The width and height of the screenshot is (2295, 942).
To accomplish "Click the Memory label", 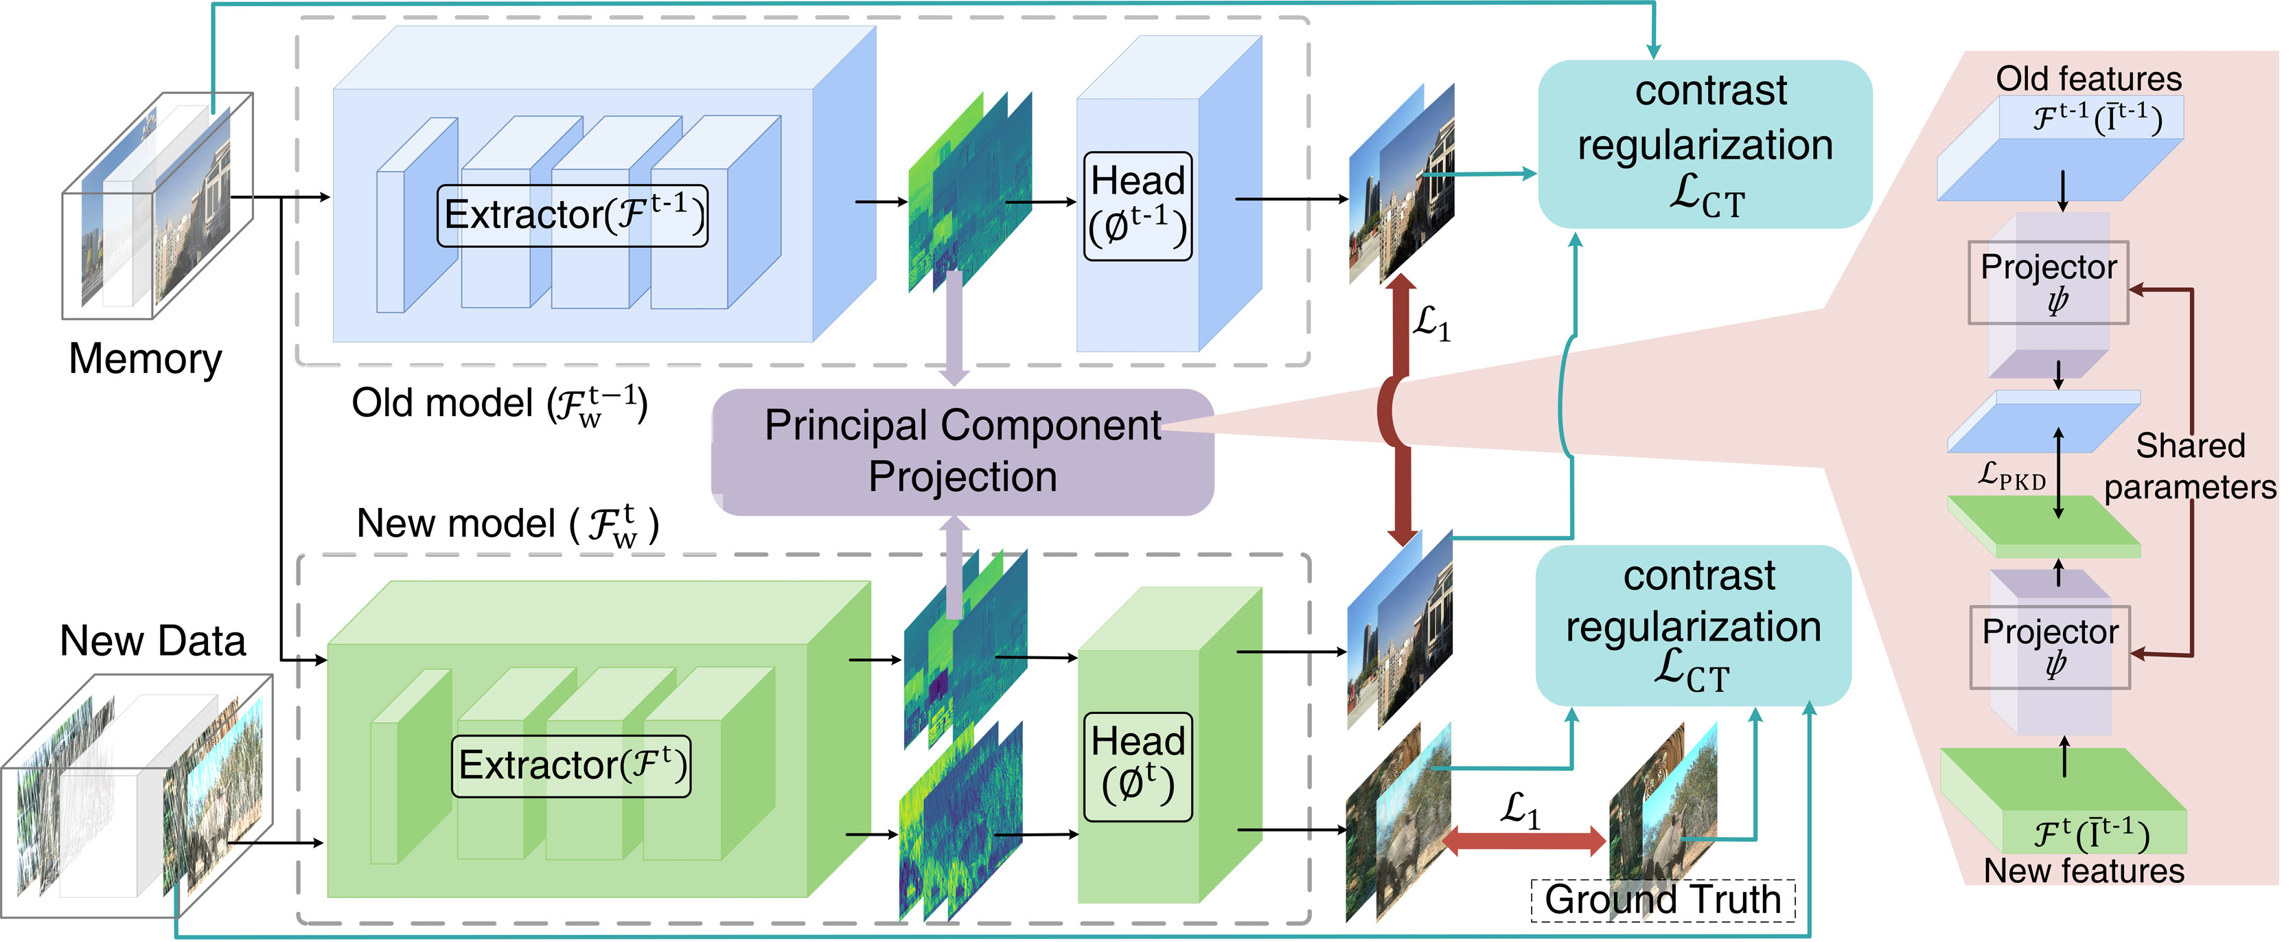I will (x=146, y=358).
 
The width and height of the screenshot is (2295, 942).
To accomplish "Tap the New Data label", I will (x=152, y=641).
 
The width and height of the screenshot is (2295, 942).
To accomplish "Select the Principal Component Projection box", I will (x=962, y=451).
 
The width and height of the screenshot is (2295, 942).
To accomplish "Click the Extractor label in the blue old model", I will (x=573, y=215).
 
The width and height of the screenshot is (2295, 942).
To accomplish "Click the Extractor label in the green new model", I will (x=571, y=765).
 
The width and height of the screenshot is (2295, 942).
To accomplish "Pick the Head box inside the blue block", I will (x=1138, y=206).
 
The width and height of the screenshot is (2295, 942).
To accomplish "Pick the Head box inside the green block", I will (x=1138, y=766).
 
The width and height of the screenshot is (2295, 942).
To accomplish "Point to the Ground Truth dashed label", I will (x=1663, y=899).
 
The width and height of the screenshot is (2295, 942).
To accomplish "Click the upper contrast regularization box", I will (x=1705, y=144).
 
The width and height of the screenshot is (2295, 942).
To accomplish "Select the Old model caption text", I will (x=499, y=404).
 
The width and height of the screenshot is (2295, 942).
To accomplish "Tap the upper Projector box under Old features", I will (x=2049, y=282).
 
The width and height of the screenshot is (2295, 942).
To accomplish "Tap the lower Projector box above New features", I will (x=2050, y=647).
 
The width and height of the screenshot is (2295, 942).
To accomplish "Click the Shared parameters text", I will (x=2190, y=466).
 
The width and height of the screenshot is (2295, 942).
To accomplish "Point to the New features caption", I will (x=2084, y=871).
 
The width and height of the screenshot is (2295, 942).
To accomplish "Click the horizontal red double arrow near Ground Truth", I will (x=1523, y=840).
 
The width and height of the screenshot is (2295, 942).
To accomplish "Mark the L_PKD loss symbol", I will (x=2011, y=476).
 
